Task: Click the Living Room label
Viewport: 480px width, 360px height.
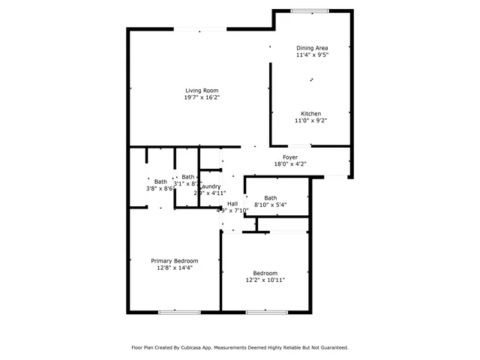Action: (x=202, y=91)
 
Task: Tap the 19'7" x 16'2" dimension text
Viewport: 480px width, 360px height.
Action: (x=202, y=97)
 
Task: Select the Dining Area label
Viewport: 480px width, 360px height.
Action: (x=312, y=48)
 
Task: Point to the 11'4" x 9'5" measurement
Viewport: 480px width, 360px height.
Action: (x=312, y=55)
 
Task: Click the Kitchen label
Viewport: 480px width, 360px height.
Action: (x=311, y=113)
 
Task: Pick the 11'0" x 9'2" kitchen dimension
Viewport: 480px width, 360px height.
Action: (x=311, y=120)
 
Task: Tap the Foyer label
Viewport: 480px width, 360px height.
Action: (x=290, y=157)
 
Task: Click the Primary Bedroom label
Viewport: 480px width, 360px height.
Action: (x=175, y=260)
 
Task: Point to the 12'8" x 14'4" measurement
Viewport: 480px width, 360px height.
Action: (x=175, y=267)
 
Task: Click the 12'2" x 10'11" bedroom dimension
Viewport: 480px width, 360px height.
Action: (x=265, y=280)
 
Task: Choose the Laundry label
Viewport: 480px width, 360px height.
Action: (x=209, y=186)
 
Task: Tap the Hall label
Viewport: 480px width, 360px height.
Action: (x=232, y=203)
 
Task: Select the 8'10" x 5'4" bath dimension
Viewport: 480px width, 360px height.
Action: (x=270, y=205)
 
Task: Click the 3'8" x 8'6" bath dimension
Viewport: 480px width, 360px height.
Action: (x=160, y=188)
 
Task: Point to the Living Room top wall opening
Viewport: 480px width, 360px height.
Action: (x=201, y=29)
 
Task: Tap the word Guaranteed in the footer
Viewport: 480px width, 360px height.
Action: (x=331, y=347)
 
